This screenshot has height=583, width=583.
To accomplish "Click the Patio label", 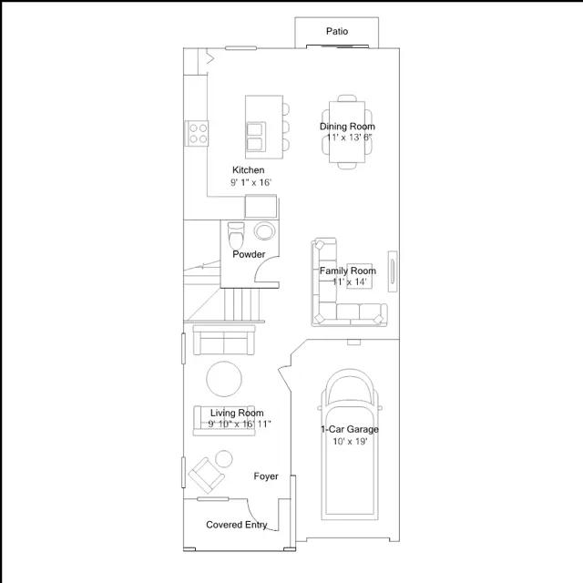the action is point(337,31).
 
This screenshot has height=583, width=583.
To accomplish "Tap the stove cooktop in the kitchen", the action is point(197,133).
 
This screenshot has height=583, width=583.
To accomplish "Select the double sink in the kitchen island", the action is point(255,137).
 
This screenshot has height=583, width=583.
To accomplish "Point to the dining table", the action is point(347,132).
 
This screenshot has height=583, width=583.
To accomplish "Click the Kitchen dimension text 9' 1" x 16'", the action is point(251,182).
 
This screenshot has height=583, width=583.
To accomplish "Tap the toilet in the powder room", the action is point(236,235).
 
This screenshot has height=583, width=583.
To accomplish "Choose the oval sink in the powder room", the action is point(264,230).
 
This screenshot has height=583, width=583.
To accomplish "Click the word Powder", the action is point(249,254).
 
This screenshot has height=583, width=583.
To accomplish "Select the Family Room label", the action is point(348,271).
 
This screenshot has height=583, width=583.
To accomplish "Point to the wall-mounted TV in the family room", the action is point(393,271).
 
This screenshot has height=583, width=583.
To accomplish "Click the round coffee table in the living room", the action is point(224,379).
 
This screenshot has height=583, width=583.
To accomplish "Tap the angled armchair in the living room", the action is point(207,475).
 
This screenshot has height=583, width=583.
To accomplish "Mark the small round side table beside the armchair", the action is point(224,459).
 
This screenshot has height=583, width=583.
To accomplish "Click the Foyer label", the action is point(266,476).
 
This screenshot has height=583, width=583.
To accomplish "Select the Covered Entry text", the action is point(237,525).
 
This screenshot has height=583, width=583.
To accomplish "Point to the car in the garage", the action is point(350,445).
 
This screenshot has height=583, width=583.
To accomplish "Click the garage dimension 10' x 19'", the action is point(350,441).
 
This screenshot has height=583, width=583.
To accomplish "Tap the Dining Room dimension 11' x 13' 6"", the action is point(349,138).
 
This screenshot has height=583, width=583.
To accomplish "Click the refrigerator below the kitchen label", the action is point(261,206).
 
